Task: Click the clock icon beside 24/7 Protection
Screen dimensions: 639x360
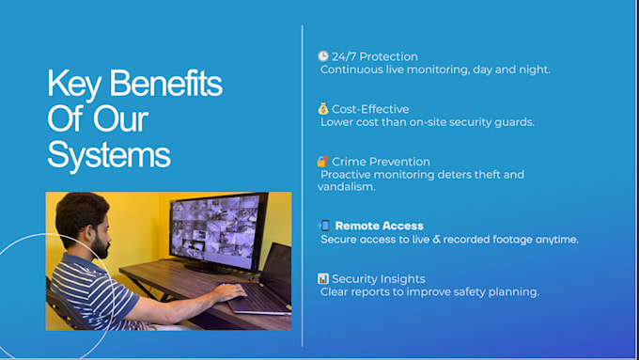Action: [323, 55]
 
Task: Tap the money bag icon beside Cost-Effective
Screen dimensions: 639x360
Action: [323, 108]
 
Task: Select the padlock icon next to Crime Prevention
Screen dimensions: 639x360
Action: [322, 161]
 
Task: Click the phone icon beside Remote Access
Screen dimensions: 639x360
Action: [324, 225]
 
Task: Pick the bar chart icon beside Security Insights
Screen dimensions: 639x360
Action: [323, 278]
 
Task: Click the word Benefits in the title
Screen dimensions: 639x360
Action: [166, 84]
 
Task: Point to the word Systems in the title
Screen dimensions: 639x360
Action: [109, 155]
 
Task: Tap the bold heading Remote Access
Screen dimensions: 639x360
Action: [380, 226]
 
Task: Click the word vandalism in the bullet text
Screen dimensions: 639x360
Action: [347, 187]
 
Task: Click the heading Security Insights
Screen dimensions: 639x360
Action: [379, 279]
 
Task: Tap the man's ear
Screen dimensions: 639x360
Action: [88, 233]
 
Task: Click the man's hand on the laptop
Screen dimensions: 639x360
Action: [230, 291]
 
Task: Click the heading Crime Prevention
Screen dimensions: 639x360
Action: [381, 162]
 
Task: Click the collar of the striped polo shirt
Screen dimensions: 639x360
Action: [80, 261]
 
